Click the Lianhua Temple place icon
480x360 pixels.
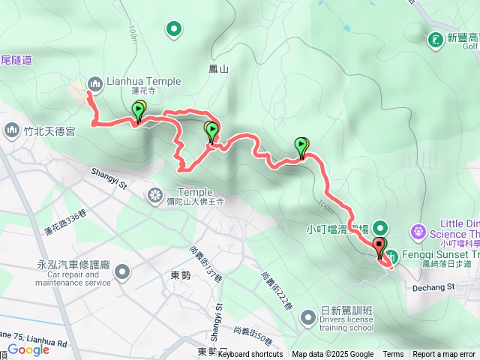[95, 82]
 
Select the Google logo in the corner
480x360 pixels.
[28, 349]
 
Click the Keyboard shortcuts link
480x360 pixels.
[250, 355]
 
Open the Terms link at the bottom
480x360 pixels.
[393, 355]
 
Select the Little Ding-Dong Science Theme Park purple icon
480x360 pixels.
[418, 229]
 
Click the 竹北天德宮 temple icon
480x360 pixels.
[11, 131]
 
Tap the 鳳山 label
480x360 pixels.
[218, 69]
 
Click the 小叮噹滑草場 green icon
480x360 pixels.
[380, 227]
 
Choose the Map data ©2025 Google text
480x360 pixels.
[332, 355]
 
